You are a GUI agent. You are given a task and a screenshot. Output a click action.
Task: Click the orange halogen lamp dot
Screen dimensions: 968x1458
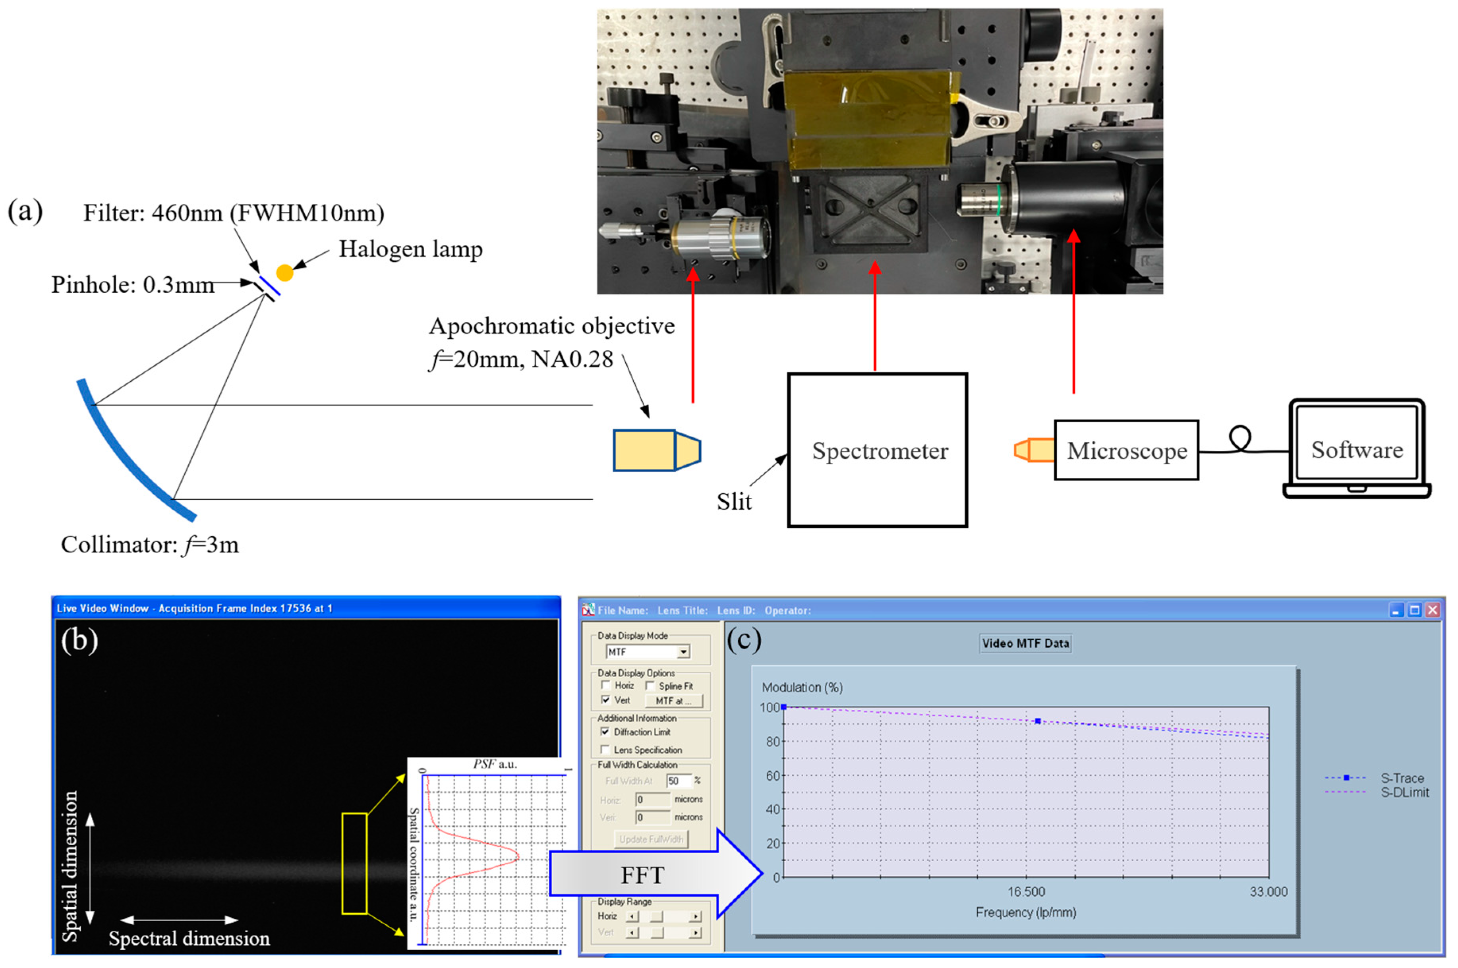pos(284,272)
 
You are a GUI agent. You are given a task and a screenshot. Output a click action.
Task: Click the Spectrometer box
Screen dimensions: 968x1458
pos(878,450)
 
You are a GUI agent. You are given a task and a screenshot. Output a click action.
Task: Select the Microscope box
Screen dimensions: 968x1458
pos(1127,450)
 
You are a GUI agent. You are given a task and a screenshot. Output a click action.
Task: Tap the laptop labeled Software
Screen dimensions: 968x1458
pos(1357,449)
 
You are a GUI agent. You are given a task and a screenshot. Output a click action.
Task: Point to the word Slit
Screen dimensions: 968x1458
pos(734,501)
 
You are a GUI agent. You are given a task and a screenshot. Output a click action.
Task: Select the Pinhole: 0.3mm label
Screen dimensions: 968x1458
pos(133,284)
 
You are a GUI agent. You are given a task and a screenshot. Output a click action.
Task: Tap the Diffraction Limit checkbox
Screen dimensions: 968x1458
pos(605,732)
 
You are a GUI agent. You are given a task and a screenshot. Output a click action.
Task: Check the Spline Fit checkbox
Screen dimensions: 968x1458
pos(650,686)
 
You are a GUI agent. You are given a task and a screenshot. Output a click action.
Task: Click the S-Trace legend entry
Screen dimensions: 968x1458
pos(1377,778)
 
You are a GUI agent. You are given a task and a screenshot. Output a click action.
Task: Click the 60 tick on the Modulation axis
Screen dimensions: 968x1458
pos(773,775)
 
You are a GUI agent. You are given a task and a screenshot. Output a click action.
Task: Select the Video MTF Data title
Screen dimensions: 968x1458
pos(1025,643)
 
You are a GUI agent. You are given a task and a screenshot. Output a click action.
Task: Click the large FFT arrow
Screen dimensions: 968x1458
pos(654,874)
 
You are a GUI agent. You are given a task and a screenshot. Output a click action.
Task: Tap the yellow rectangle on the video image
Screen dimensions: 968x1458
pos(354,863)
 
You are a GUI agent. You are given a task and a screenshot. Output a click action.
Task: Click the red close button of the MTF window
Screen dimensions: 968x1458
pos(1433,610)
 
